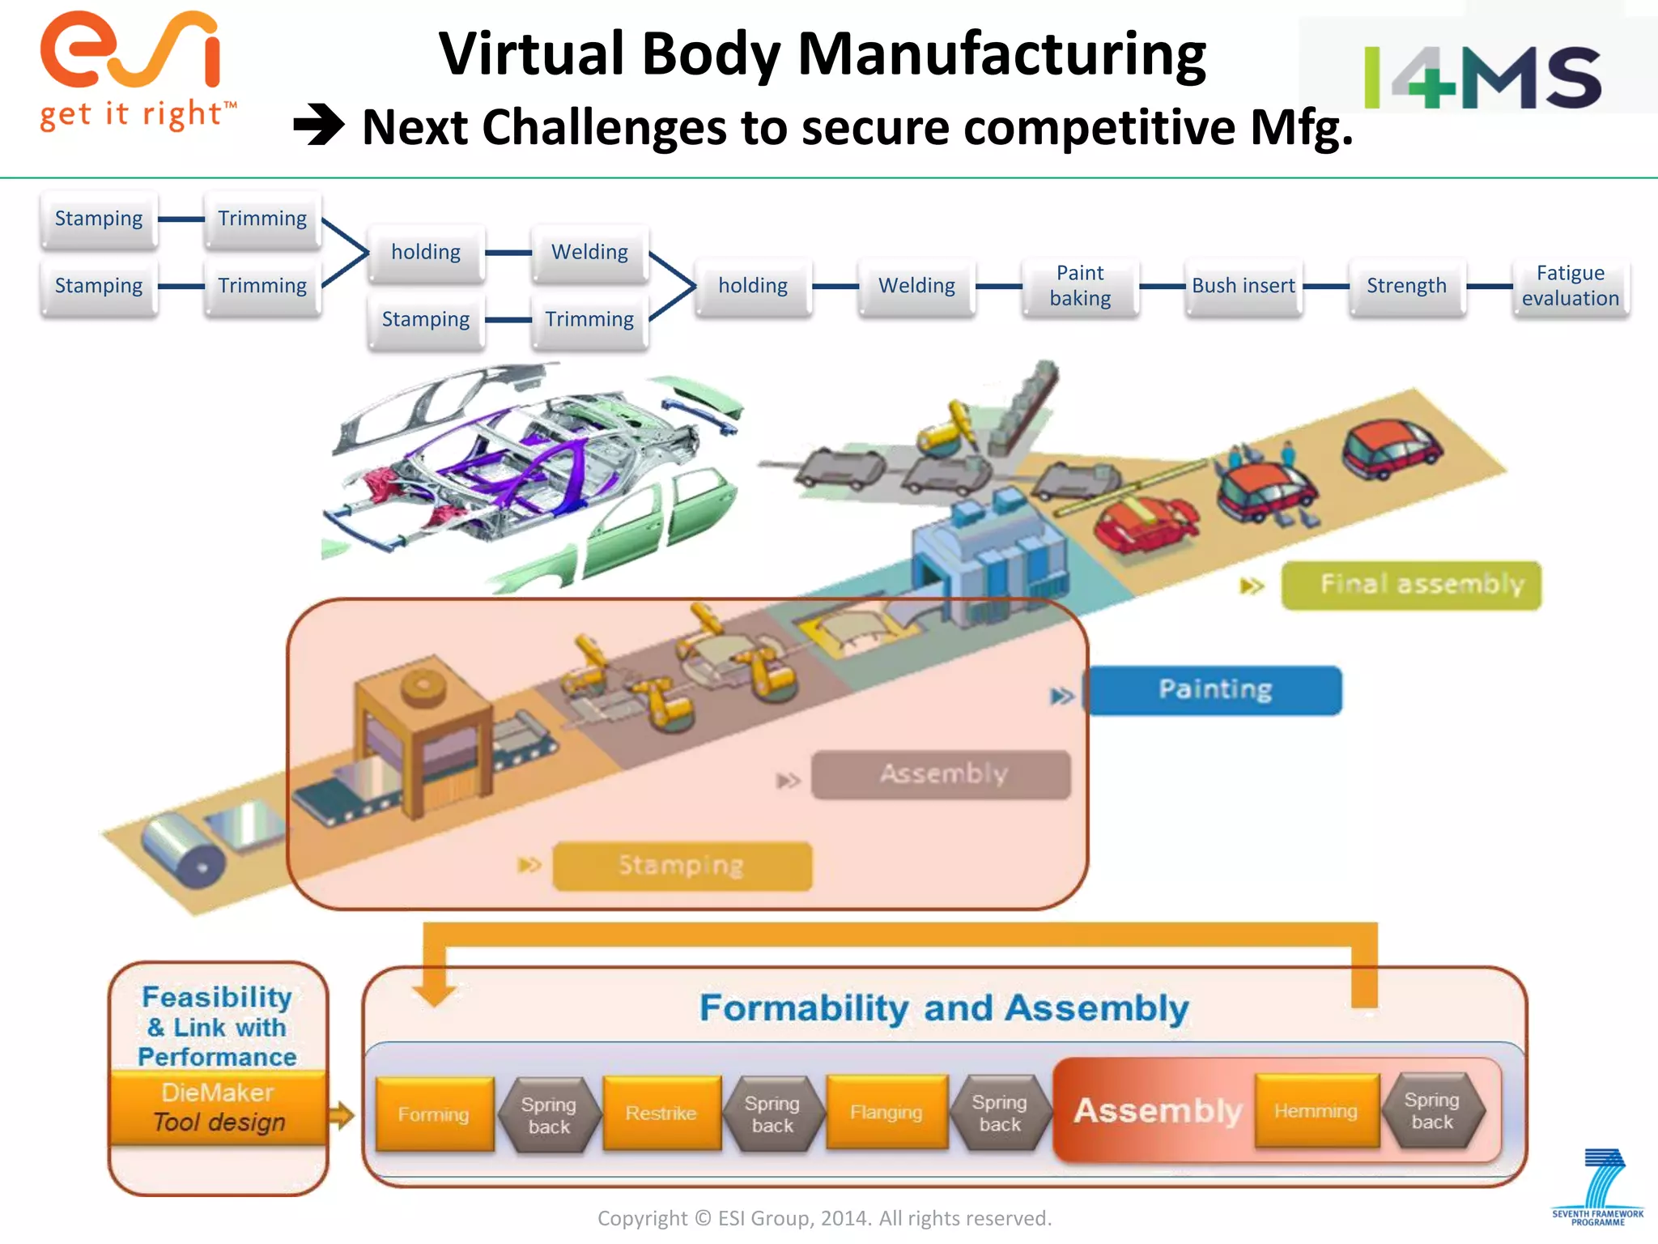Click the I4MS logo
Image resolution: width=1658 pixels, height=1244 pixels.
[1482, 77]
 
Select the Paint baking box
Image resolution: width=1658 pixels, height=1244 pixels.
[1079, 286]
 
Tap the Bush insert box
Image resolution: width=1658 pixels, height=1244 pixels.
[1243, 286]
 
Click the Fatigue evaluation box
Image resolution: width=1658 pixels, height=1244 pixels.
[1569, 286]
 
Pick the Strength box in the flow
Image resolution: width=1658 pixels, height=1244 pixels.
[1406, 286]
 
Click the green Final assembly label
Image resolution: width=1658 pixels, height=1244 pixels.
[1411, 584]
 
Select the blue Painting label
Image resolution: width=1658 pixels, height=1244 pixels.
[1214, 689]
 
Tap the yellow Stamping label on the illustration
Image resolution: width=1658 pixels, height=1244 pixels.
[682, 865]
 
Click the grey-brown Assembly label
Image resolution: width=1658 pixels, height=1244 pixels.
[942, 773]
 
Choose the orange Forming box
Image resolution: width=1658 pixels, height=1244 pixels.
[434, 1114]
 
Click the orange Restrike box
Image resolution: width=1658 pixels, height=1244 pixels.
[661, 1113]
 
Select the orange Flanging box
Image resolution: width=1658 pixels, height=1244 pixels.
[886, 1112]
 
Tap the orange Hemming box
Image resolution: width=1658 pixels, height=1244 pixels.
[1316, 1110]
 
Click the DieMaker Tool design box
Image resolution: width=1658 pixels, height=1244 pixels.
[218, 1107]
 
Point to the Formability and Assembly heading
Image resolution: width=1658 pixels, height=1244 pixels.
[943, 1008]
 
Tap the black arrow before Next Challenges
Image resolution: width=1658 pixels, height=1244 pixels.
[319, 126]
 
